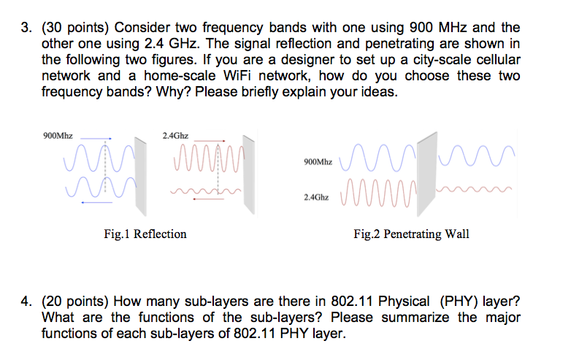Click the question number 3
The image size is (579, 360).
pyautogui.click(x=26, y=28)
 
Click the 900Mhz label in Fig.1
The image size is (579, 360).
pyautogui.click(x=58, y=136)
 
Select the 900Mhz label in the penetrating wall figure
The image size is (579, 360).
pyautogui.click(x=316, y=161)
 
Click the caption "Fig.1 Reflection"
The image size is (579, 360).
pyautogui.click(x=145, y=234)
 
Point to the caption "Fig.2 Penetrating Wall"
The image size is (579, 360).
pyautogui.click(x=411, y=234)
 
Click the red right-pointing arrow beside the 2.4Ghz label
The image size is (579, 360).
pyautogui.click(x=211, y=141)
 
